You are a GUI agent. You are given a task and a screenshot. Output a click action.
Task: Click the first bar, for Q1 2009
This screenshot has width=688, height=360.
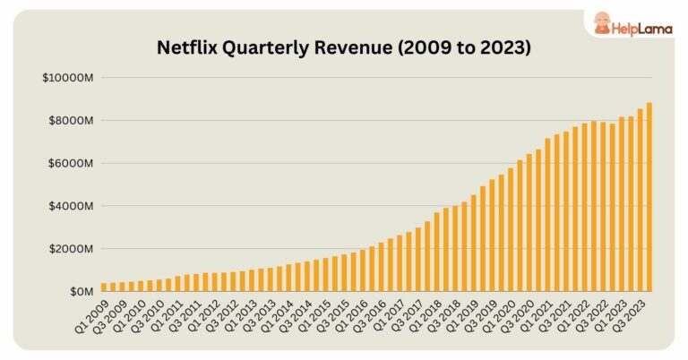104,287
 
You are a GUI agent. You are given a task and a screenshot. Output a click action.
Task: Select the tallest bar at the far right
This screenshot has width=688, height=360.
648,197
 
